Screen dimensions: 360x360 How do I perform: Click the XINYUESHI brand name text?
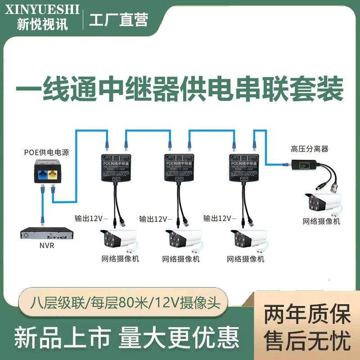[43, 9]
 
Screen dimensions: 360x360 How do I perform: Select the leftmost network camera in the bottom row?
[117, 238]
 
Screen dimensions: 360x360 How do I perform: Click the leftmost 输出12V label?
[91, 219]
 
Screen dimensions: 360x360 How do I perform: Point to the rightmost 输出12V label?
[219, 219]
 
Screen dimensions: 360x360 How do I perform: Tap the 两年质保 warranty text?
[307, 315]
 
